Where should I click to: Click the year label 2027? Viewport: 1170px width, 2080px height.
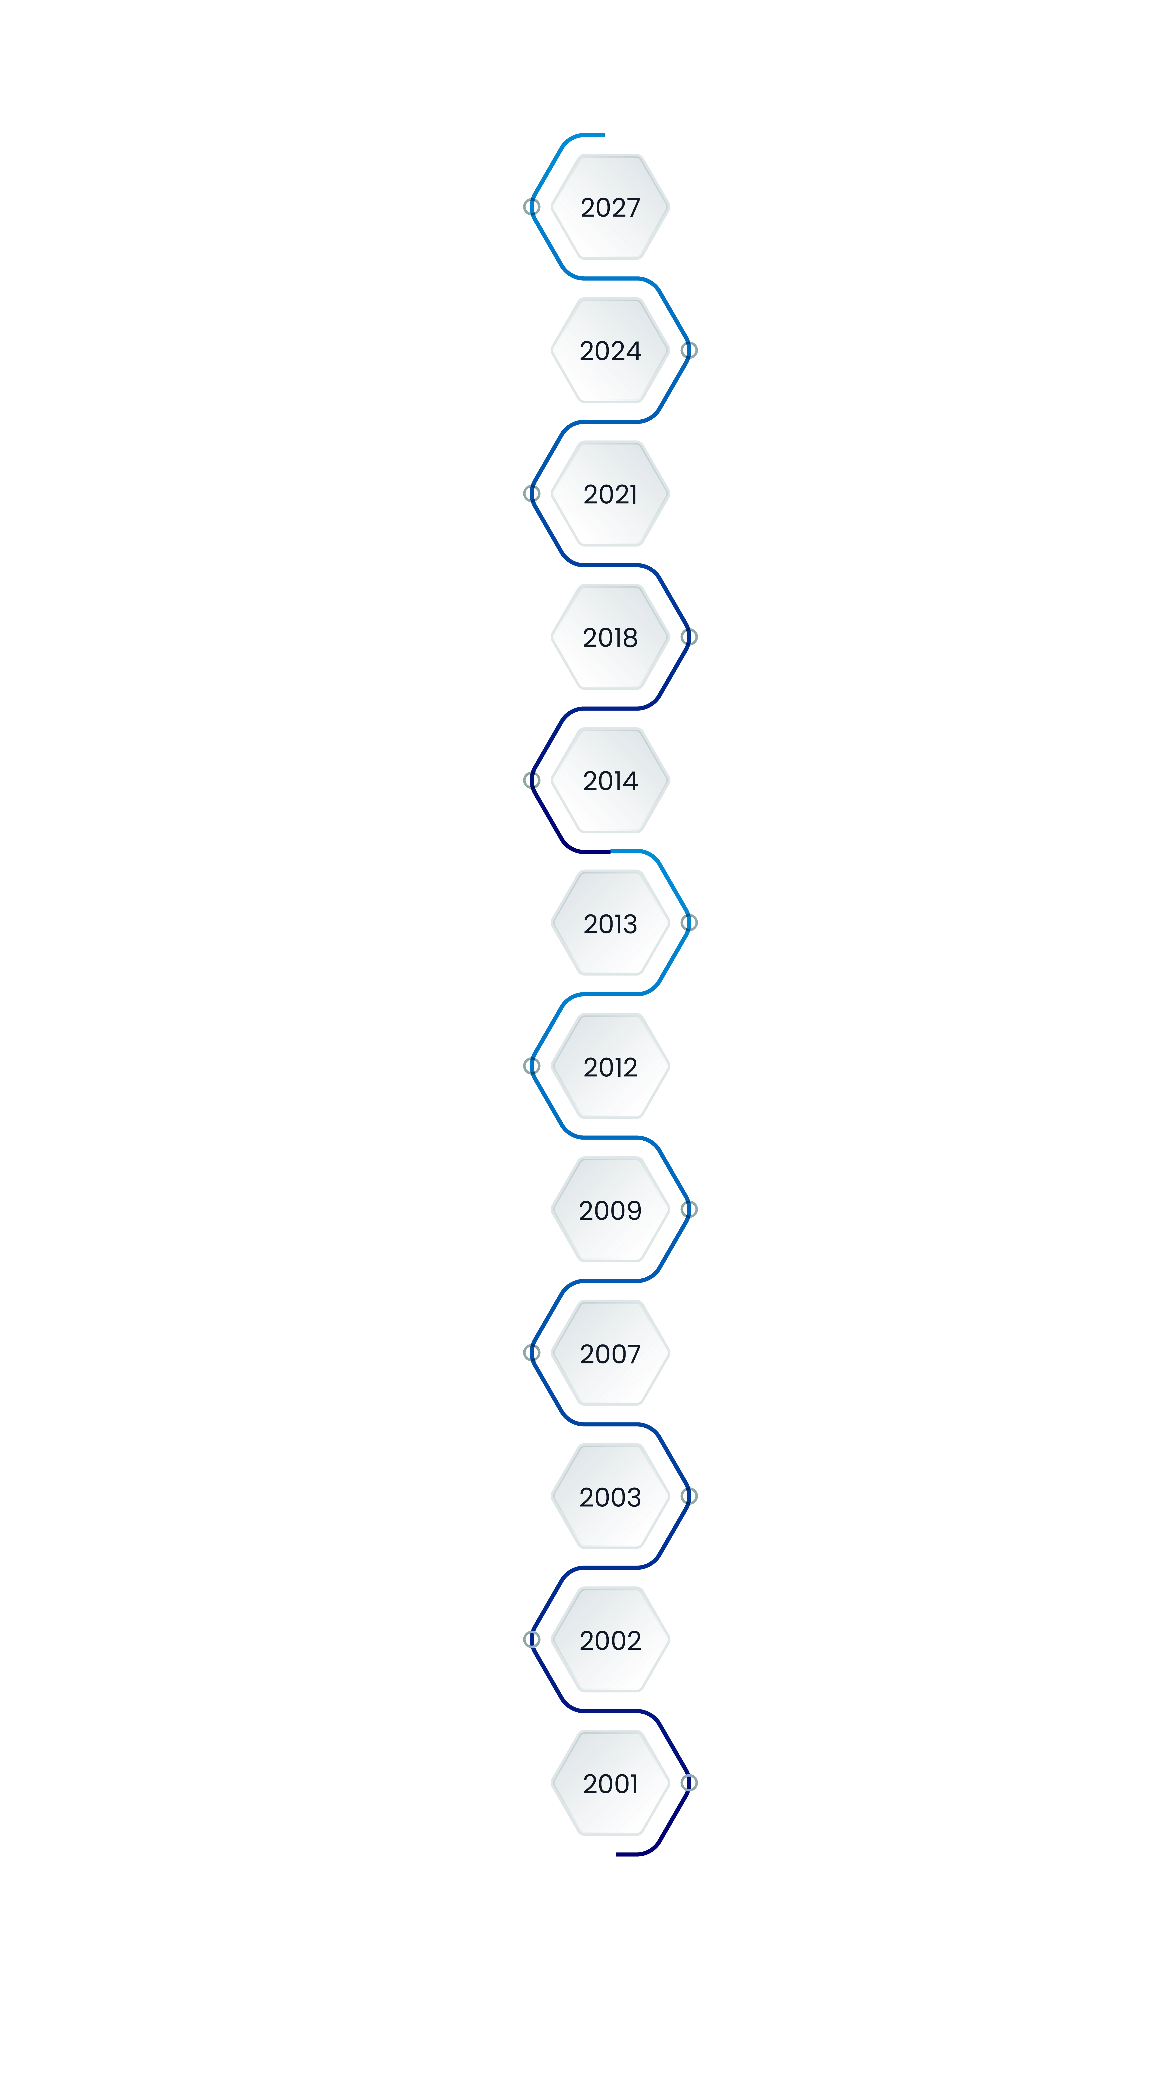click(x=610, y=207)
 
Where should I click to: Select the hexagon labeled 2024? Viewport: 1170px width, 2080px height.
click(x=610, y=350)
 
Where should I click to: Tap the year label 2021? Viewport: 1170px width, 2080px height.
click(x=610, y=494)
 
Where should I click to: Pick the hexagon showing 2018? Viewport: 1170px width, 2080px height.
click(x=610, y=637)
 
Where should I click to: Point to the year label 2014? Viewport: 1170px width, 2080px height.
click(x=610, y=781)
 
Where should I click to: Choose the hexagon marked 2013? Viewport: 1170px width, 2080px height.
click(x=610, y=924)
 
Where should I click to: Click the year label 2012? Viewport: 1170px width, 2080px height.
click(x=610, y=1068)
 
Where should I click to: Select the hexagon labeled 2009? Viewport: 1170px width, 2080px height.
click(x=610, y=1210)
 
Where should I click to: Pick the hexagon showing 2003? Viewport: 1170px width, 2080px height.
click(x=610, y=1497)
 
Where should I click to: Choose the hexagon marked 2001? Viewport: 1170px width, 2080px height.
click(x=610, y=1784)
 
